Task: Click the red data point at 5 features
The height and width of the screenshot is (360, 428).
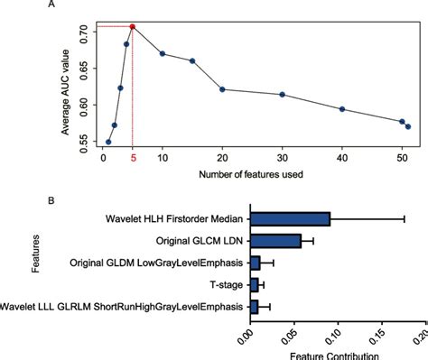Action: tap(133, 27)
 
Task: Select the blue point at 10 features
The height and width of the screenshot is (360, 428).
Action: tap(163, 54)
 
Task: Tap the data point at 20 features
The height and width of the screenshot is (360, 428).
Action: tap(222, 89)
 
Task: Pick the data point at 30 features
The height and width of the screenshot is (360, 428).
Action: tap(282, 95)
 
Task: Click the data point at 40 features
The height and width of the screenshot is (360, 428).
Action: tap(341, 109)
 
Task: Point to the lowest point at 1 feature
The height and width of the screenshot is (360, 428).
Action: tap(108, 142)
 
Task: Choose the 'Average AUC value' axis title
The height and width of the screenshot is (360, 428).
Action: tap(66, 86)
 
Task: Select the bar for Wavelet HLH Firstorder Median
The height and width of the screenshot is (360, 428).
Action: tap(290, 218)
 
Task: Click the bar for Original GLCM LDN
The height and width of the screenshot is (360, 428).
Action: tap(275, 241)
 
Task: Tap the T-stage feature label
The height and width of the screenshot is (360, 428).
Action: tap(225, 284)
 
